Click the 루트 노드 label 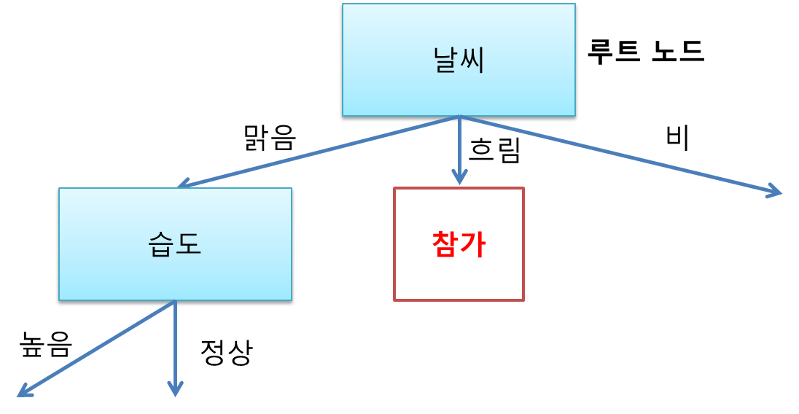click(645, 52)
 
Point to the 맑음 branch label click(270, 137)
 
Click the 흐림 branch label click(494, 151)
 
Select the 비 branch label click(677, 138)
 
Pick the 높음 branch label click(46, 345)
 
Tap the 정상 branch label click(226, 354)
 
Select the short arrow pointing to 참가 click(459, 149)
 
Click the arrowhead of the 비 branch click(774, 192)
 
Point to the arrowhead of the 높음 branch click(24, 392)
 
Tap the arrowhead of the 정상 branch click(175, 390)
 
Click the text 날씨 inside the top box click(459, 60)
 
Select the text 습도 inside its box click(175, 245)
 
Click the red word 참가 click(459, 245)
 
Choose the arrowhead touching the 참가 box click(459, 179)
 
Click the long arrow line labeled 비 click(620, 155)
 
